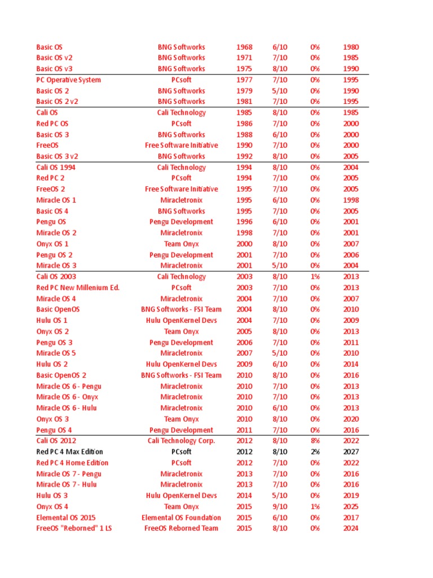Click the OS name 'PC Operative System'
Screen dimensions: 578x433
[x=68, y=80]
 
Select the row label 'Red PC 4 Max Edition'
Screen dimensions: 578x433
[x=69, y=452]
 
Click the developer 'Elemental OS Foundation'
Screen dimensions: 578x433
[x=181, y=518]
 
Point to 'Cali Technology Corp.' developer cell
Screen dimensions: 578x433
[x=181, y=441]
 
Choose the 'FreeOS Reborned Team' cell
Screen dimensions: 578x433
[x=181, y=528]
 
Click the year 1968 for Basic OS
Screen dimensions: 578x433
[x=244, y=47]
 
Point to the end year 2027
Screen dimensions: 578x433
[x=351, y=452]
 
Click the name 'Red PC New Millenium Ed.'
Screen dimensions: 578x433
[x=78, y=287]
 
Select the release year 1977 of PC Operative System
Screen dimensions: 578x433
[x=244, y=80]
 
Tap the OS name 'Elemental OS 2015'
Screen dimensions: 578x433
[x=65, y=518]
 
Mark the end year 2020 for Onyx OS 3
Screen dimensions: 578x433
[x=351, y=419]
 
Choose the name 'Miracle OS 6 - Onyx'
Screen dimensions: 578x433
[x=67, y=397]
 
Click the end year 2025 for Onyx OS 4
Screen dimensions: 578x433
[x=351, y=506]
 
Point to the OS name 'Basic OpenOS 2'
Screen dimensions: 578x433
[x=61, y=375]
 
